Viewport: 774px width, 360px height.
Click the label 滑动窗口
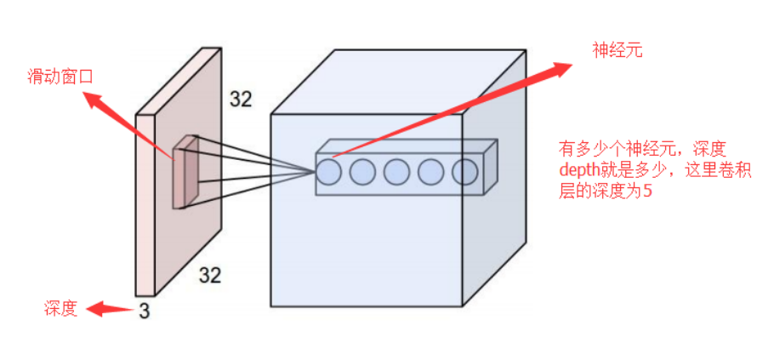point(59,77)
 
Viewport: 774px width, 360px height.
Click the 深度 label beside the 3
point(60,309)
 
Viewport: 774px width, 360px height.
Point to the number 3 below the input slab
point(144,311)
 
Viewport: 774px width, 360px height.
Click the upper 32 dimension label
point(241,100)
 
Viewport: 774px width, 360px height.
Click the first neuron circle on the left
point(329,173)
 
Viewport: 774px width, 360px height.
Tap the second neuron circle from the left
point(363,173)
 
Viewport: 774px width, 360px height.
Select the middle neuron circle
point(397,173)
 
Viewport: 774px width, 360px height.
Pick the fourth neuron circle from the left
point(431,173)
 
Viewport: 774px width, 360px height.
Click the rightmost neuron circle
point(464,173)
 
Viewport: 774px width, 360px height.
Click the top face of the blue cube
point(400,81)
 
